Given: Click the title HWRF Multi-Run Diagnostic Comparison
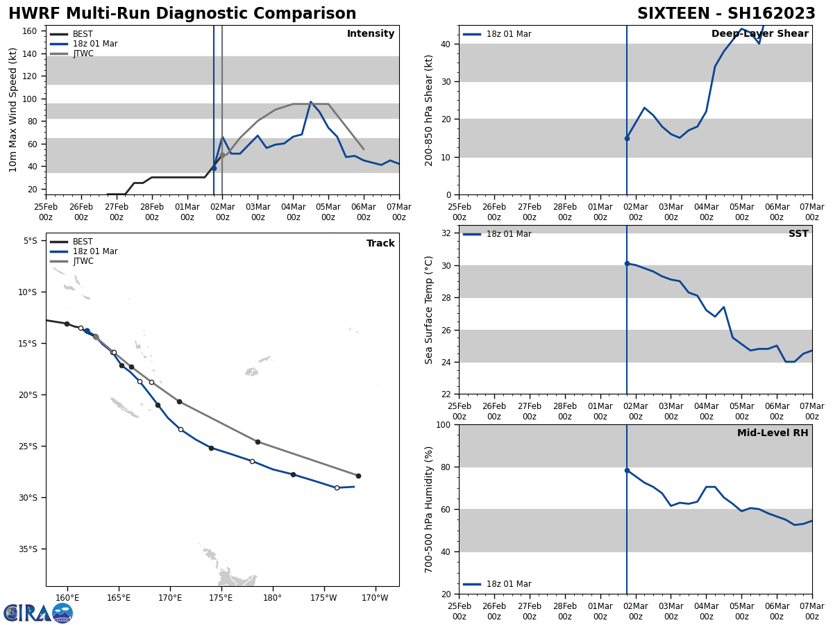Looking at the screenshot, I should [x=182, y=14].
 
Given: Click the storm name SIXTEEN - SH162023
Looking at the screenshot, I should [x=726, y=14].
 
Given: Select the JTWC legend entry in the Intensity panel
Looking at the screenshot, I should [x=83, y=53].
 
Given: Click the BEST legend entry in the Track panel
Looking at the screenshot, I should [x=83, y=242].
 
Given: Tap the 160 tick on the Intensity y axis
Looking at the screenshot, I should [x=30, y=31].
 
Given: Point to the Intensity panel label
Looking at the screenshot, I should [x=370, y=34].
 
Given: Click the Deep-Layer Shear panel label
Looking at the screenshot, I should [x=759, y=34].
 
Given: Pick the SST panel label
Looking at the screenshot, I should [x=798, y=234].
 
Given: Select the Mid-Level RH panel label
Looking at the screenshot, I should [x=773, y=433].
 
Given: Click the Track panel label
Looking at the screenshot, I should [x=380, y=244].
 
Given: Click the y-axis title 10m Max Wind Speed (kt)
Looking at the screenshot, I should [x=13, y=110].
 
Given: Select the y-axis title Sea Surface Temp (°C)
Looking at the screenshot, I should [x=429, y=310].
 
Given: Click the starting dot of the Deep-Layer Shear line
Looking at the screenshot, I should [x=627, y=138].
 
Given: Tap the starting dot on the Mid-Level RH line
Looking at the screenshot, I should [x=627, y=470].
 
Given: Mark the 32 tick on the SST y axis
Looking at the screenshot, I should [x=447, y=233].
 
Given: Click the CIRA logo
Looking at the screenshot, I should [x=38, y=612].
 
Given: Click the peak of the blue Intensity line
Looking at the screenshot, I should [x=310, y=102].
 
